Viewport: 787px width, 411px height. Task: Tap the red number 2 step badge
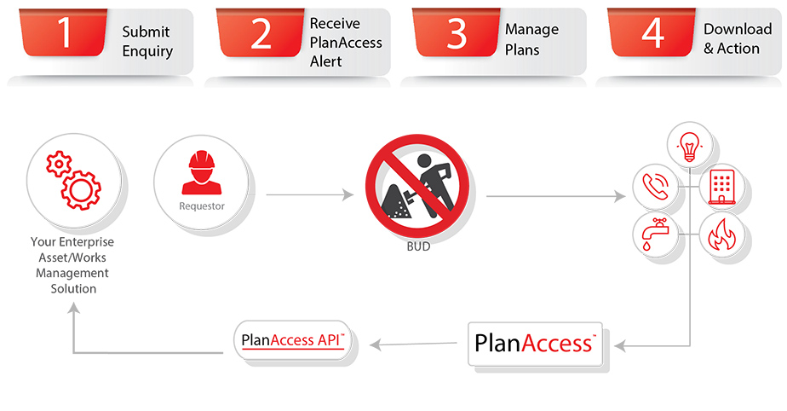(x=261, y=33)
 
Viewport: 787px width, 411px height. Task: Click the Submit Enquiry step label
(x=146, y=41)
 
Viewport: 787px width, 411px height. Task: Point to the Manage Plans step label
(x=531, y=39)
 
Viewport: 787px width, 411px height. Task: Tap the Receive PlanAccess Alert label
(x=345, y=42)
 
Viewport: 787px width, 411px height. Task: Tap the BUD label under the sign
(x=418, y=247)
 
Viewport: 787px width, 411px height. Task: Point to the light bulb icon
(x=688, y=145)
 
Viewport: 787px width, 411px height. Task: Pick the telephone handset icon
(x=654, y=186)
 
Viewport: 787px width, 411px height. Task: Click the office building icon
(x=721, y=185)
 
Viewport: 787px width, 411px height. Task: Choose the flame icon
(x=721, y=233)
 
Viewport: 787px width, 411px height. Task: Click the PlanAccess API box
(x=293, y=341)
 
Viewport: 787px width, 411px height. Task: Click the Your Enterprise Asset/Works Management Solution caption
(x=72, y=265)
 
